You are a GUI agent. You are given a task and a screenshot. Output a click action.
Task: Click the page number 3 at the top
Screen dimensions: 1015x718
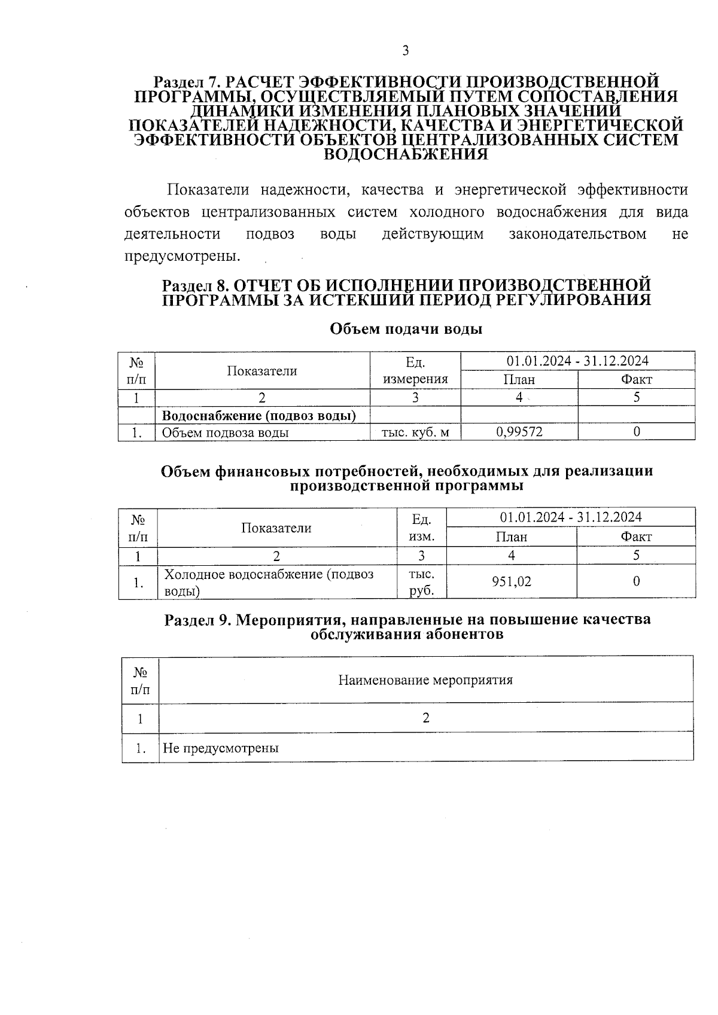tap(405, 51)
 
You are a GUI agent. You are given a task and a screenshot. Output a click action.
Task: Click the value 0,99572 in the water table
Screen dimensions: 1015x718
tap(519, 431)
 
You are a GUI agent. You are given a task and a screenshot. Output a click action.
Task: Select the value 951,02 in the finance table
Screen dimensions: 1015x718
tap(512, 581)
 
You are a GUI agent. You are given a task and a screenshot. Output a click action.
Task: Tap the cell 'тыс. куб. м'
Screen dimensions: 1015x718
tap(415, 432)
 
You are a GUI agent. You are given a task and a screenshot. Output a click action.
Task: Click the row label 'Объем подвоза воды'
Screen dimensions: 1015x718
tap(226, 432)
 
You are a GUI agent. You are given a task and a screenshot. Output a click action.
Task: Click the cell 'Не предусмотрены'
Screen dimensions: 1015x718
tap(221, 748)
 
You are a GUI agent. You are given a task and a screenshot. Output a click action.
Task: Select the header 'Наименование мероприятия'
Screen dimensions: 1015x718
tap(425, 680)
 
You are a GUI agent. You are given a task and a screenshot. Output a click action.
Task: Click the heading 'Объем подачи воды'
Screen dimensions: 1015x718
tap(406, 329)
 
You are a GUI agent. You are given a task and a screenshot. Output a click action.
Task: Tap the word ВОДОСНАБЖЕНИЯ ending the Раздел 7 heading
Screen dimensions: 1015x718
tap(406, 154)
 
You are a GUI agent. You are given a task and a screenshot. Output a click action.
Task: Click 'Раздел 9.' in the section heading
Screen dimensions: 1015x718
tap(198, 620)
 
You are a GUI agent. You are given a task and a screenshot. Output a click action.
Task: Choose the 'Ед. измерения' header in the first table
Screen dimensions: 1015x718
tap(415, 370)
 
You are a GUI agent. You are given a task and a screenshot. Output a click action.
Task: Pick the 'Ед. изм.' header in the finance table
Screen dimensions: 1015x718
tap(421, 527)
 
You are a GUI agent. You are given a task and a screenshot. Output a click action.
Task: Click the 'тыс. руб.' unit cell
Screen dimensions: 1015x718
tap(421, 582)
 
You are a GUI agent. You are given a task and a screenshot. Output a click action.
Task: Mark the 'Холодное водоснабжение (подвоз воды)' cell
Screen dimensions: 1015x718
tap(269, 582)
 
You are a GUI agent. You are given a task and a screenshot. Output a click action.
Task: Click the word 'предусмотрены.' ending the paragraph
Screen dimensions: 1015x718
tap(182, 256)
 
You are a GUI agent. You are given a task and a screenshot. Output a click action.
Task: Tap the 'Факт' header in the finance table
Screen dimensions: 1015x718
tap(636, 537)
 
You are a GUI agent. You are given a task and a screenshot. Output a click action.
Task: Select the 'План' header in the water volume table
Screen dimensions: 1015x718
tap(519, 379)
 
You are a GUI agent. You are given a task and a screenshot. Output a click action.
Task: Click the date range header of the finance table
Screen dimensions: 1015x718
tap(571, 517)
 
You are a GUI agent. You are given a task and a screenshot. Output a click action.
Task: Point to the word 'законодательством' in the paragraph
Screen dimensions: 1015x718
tap(577, 234)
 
